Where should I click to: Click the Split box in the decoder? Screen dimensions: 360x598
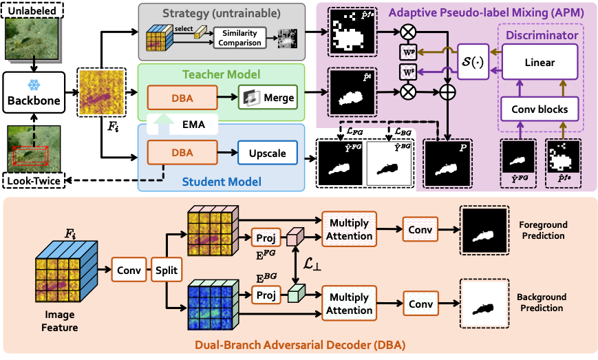tap(164, 271)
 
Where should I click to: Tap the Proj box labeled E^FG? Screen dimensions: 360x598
tap(265, 237)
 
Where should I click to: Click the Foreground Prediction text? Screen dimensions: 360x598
tap(542, 231)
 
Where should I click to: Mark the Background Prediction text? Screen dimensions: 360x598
tap(542, 302)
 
